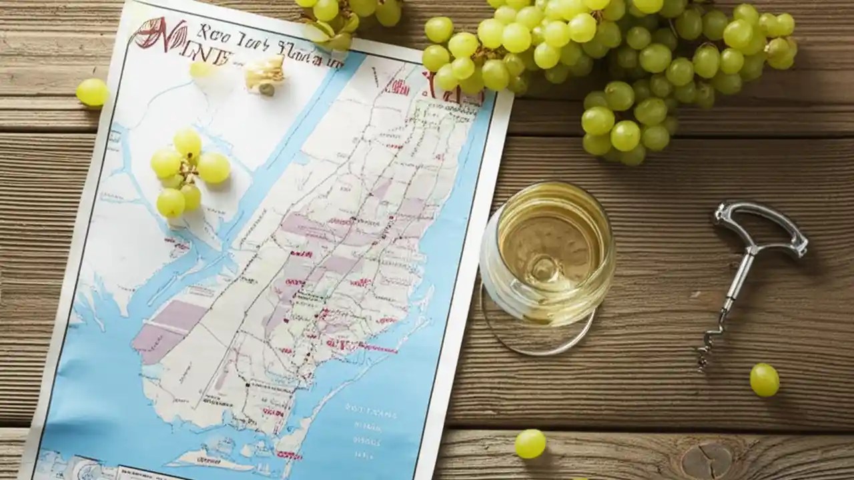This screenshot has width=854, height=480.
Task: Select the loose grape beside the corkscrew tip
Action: pyautogui.click(x=764, y=379)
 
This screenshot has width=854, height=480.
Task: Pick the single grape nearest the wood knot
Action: pyautogui.click(x=530, y=443)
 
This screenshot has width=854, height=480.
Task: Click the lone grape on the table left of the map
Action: pyautogui.click(x=91, y=92)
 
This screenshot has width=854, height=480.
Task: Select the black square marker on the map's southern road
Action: pyautogui.click(x=248, y=385)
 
